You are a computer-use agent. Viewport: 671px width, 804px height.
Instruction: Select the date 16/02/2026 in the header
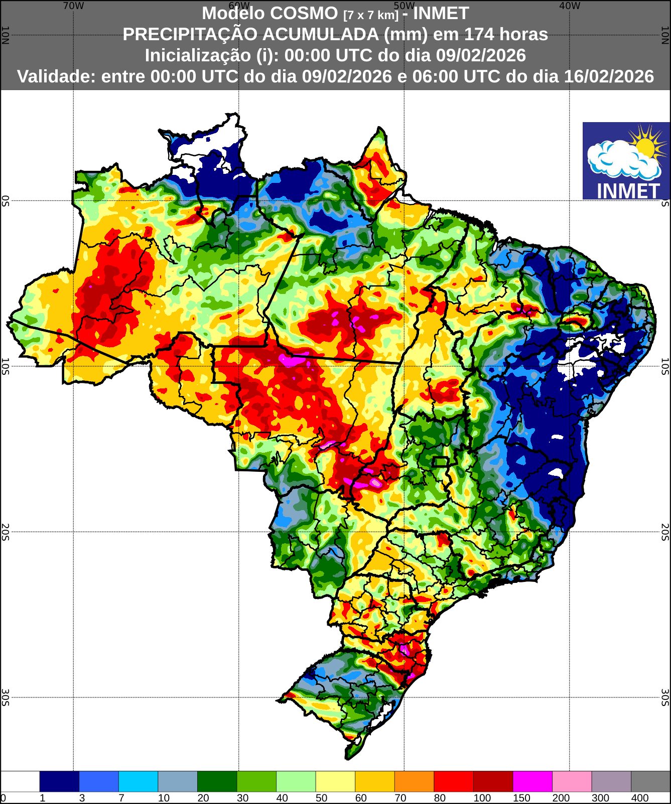(x=609, y=76)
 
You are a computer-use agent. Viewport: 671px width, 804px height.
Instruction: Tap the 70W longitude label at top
(x=73, y=6)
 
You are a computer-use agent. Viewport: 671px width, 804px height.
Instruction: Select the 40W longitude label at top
(x=569, y=6)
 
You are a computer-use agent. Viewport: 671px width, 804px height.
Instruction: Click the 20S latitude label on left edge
(x=5, y=531)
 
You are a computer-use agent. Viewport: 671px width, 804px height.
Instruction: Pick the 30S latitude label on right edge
(x=665, y=697)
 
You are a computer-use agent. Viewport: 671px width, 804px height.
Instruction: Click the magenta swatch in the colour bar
(x=532, y=781)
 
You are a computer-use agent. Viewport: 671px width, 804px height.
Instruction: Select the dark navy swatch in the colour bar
(x=59, y=781)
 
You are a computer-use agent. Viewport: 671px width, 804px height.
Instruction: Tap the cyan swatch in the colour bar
(x=138, y=781)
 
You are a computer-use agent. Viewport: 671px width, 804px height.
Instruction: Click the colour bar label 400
(x=640, y=798)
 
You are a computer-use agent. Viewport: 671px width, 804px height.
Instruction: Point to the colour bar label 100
(x=482, y=798)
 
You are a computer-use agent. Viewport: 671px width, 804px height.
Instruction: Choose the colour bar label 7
(x=121, y=798)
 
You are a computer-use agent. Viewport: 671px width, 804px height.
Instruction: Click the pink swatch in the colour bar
(x=572, y=781)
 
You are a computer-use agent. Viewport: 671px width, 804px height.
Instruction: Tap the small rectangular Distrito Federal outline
(x=440, y=462)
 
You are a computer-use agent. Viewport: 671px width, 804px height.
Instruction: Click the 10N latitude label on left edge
(x=5, y=35)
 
